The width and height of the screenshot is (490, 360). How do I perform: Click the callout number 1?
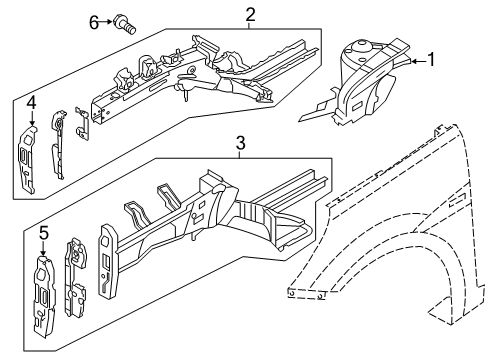pos(431,60)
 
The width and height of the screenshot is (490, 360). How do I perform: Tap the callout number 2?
pos(250,15)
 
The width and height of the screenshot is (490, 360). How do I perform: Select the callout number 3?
pos(240,143)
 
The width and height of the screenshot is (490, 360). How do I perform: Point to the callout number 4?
pos(31,103)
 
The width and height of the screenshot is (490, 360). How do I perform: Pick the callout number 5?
pos(44,233)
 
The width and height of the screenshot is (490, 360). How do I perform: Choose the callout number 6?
pos(94,23)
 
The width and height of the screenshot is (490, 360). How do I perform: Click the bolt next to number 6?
pos(125,24)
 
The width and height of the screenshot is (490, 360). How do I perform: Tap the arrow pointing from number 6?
pos(106,22)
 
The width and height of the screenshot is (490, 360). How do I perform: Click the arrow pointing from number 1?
pos(419,61)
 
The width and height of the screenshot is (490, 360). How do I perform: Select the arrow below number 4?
pos(32,119)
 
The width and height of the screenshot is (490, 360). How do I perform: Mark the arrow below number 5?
pos(43,249)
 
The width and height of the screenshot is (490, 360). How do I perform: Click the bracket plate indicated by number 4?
pos(27,159)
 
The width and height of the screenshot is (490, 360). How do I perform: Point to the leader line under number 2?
pos(249,26)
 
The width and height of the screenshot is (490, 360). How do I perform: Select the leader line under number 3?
pos(240,154)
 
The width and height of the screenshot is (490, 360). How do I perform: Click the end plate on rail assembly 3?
pos(108,261)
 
